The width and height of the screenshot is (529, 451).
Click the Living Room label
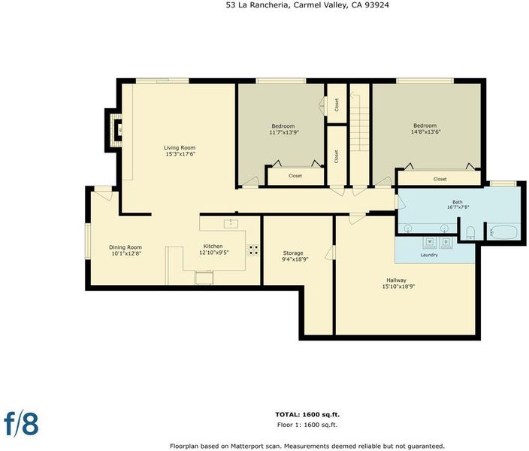180,147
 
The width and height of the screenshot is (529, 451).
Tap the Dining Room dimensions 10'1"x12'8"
125,253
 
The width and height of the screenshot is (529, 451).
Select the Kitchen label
213,246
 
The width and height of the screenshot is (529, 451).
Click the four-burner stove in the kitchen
253,250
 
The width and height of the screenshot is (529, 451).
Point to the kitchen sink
231,223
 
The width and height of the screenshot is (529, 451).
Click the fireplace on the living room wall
115,130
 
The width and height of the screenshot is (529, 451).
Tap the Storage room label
293,253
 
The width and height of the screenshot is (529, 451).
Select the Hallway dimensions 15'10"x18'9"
398,286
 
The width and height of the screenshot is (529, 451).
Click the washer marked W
430,242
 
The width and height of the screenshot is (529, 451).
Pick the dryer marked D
446,242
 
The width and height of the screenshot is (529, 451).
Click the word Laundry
429,255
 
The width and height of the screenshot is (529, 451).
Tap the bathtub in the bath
503,232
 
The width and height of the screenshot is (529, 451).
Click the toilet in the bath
470,232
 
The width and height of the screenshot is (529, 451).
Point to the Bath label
458,202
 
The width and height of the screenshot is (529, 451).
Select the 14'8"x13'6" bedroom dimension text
426,132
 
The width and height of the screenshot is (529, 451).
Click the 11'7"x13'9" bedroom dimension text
284,132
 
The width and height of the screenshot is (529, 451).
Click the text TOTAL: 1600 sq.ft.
307,414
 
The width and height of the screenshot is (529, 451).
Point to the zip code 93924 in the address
379,5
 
